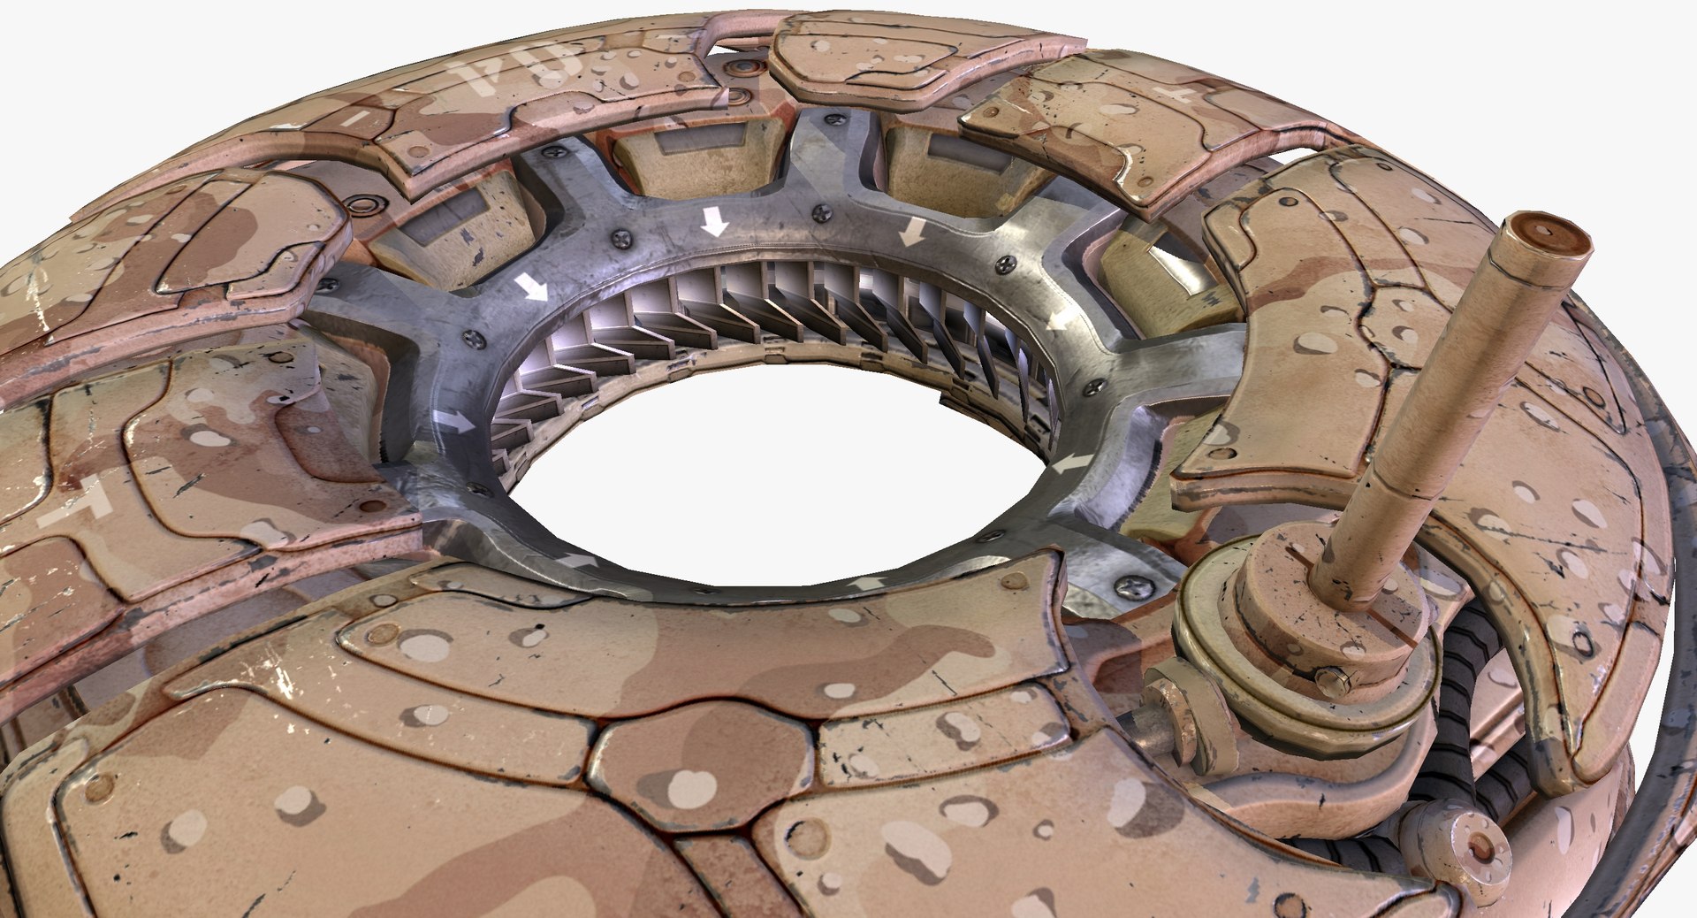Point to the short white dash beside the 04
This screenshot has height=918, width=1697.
[x=352, y=118]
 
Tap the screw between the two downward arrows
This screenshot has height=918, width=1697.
[x=821, y=211]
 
